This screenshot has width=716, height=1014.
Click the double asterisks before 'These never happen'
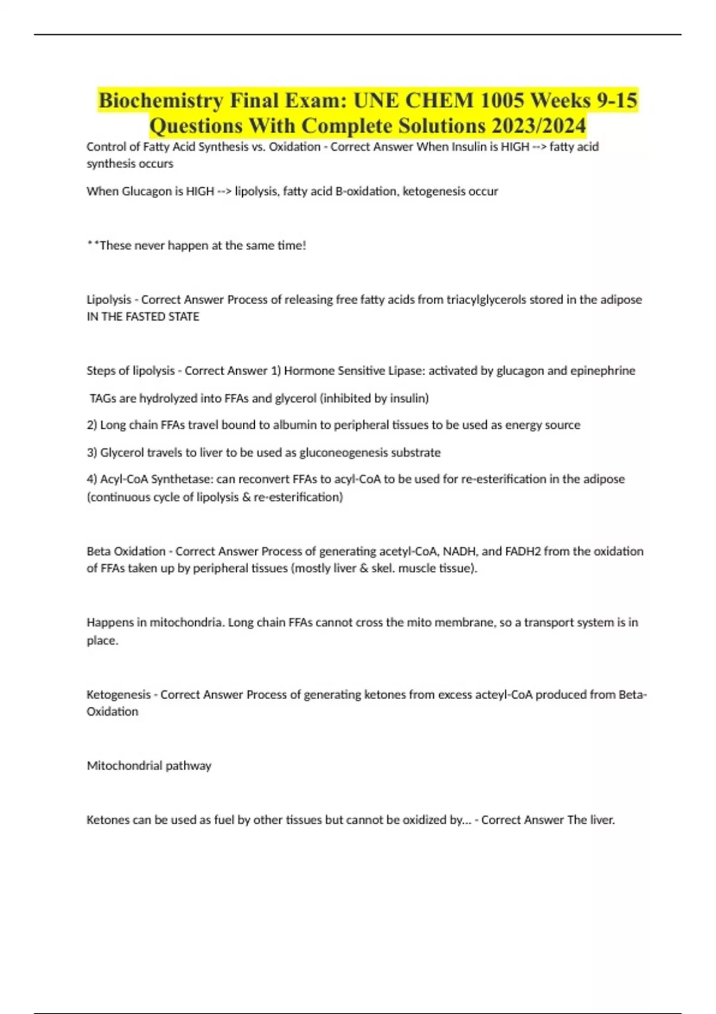point(92,245)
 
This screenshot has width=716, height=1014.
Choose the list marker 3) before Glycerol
point(92,453)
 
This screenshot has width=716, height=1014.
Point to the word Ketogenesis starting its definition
point(118,694)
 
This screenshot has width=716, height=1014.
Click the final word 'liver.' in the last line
point(602,820)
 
